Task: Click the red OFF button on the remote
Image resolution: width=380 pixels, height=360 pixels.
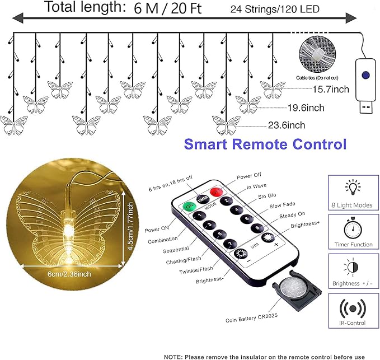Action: pyautogui.click(x=216, y=192)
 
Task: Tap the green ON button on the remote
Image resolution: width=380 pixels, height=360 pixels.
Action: pyautogui.click(x=189, y=206)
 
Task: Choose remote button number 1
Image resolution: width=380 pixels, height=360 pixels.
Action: pyautogui.click(x=199, y=216)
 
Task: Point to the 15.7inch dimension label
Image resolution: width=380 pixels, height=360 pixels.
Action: pyautogui.click(x=331, y=89)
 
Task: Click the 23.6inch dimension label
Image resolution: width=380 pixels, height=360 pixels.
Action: pyautogui.click(x=287, y=125)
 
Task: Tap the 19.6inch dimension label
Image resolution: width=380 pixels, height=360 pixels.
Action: pyautogui.click(x=306, y=107)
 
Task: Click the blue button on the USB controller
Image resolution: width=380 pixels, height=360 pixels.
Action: pyautogui.click(x=365, y=75)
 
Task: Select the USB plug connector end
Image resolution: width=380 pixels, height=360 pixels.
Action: pyautogui.click(x=365, y=107)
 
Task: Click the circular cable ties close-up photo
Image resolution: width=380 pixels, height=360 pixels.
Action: pyautogui.click(x=317, y=54)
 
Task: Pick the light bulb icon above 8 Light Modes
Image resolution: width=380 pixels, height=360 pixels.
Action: pyautogui.click(x=353, y=187)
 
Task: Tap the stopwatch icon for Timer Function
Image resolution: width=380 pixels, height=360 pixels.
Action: pyautogui.click(x=353, y=229)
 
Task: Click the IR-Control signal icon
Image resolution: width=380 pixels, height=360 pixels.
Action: pyautogui.click(x=353, y=308)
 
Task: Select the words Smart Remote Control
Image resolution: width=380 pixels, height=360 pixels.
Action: pyautogui.click(x=265, y=144)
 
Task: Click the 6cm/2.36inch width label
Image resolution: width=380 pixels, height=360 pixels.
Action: pyautogui.click(x=69, y=274)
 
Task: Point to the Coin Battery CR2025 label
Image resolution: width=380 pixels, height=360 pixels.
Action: pyautogui.click(x=251, y=318)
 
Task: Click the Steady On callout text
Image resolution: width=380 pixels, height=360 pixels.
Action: pyautogui.click(x=292, y=215)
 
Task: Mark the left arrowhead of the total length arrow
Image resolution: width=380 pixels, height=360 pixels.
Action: pyautogui.click(x=18, y=18)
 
